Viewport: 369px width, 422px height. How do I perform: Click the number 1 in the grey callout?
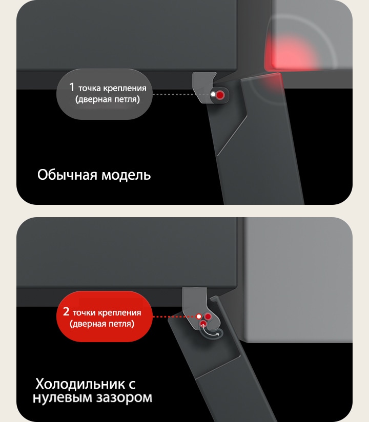point(72,87)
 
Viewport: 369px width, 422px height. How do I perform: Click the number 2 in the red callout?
point(66,311)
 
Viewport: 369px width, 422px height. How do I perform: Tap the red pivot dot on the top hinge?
point(220,95)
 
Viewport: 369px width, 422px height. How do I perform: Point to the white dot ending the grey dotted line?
point(213,95)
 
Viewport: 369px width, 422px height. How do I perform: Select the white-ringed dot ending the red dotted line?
point(198,316)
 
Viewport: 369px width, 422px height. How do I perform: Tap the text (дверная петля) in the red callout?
point(102,324)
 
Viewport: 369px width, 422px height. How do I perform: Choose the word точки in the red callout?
point(84,312)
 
